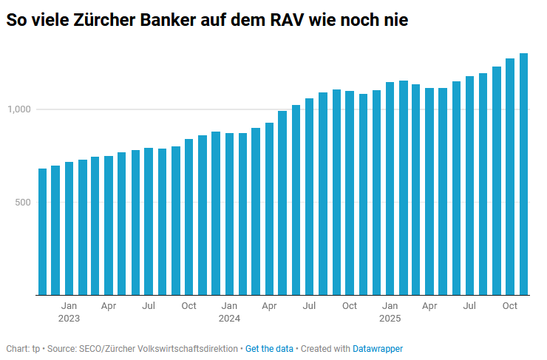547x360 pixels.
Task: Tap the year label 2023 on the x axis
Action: point(69,319)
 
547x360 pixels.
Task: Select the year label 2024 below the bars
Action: point(229,319)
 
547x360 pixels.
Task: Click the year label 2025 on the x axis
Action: point(390,319)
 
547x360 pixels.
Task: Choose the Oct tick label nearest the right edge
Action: point(510,305)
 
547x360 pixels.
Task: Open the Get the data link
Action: point(269,348)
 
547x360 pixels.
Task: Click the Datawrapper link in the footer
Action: point(378,348)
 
